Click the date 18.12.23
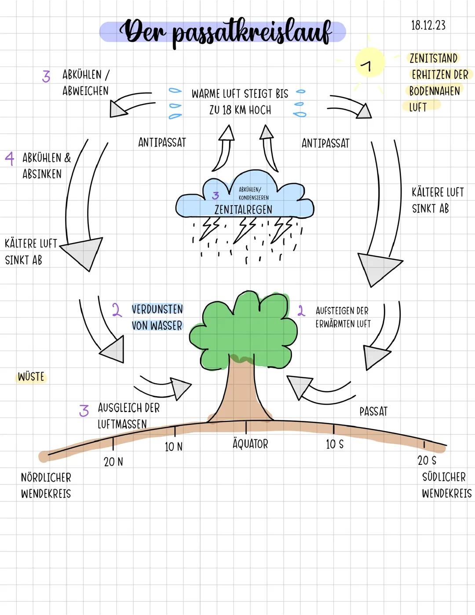point(428,26)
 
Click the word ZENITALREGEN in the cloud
point(243,210)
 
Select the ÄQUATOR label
point(250,444)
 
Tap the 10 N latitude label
point(174,446)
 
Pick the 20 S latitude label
point(427,460)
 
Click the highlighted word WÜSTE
point(31,377)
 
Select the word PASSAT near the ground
point(373,411)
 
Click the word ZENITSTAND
point(433,58)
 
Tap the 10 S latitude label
point(335,444)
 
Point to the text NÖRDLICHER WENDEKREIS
point(46,485)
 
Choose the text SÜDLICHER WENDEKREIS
point(446,485)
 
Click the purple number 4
point(9,158)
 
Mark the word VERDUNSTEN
point(157,309)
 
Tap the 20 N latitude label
point(113,462)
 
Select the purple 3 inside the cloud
point(216,195)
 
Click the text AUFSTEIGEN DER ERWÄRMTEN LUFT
point(343,317)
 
